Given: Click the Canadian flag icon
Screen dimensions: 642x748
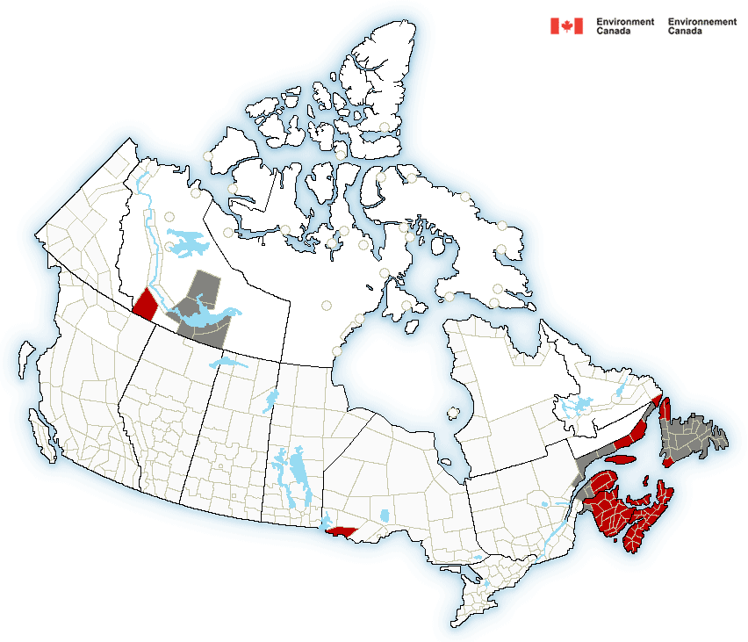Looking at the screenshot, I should pos(566,26).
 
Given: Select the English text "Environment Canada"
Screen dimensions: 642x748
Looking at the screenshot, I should pos(624,26).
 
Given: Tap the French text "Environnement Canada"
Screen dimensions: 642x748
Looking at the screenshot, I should pos(701,26).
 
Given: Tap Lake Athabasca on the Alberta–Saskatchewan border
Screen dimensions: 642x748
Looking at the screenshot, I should pos(225,361).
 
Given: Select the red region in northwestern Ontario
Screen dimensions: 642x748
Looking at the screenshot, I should pos(341,530).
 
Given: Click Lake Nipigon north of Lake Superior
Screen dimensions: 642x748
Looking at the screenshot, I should pos(385,514).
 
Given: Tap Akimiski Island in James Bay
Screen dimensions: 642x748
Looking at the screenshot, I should pos(453,411).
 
